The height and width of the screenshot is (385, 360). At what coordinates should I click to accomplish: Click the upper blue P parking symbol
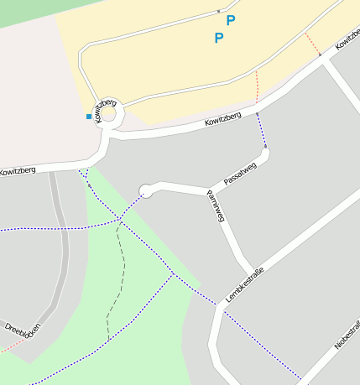pos(231,20)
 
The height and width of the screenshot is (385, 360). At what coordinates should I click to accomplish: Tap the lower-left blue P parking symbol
pos(219,38)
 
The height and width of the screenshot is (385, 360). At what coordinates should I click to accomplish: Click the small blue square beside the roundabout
pos(89,116)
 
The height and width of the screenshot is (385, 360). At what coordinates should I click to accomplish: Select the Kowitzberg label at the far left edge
pos(18,170)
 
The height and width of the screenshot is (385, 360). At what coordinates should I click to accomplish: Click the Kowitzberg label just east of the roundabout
pos(222,120)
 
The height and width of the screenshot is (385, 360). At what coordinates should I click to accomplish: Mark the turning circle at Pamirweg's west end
pos(146,191)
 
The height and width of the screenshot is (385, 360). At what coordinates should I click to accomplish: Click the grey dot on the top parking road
pos(219,11)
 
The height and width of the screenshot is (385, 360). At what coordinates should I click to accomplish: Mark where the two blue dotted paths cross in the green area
pos(119,220)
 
